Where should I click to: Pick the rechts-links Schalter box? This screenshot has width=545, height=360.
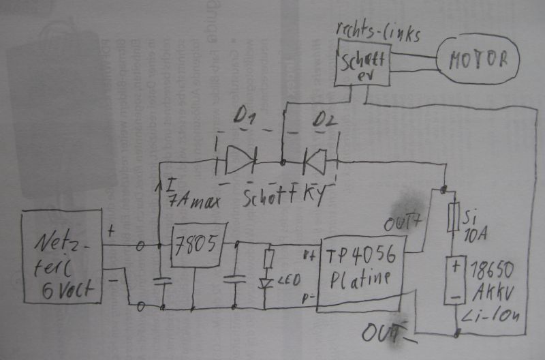point(362,62)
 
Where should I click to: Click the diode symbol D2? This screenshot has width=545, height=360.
point(315,162)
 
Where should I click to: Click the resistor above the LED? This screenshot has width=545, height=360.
point(268,259)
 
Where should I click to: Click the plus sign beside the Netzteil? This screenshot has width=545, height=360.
point(110,232)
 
